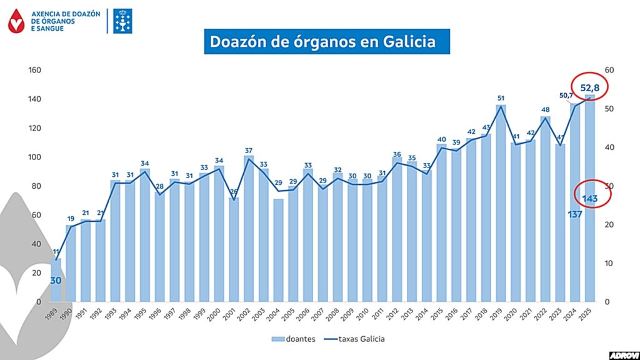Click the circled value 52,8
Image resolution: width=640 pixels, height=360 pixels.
pyautogui.click(x=590, y=88)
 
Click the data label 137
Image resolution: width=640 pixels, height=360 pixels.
pyautogui.click(x=575, y=214)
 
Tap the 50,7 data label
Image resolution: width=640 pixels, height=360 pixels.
pyautogui.click(x=566, y=95)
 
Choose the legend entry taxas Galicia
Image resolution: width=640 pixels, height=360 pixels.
pyautogui.click(x=362, y=339)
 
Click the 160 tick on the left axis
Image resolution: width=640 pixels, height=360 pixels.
pyautogui.click(x=34, y=70)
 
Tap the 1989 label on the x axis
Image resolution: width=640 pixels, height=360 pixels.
pyautogui.click(x=54, y=314)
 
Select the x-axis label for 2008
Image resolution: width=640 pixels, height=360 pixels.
pyautogui.click(x=336, y=314)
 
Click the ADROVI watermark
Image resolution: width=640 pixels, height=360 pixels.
pyautogui.click(x=623, y=354)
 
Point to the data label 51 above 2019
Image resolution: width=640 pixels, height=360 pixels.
pyautogui.click(x=501, y=98)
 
